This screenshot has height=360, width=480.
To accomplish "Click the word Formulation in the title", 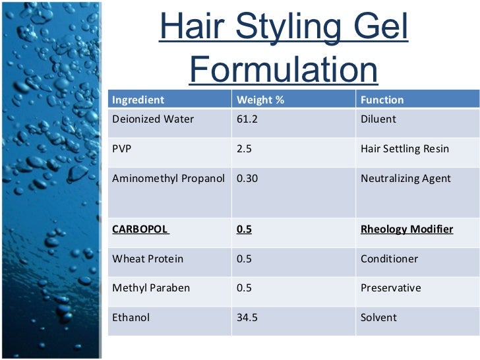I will (x=284, y=71).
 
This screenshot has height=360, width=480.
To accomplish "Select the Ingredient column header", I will (x=138, y=100).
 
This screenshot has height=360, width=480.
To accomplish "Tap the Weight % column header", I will (x=260, y=100).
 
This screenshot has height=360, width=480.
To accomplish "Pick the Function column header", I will (x=382, y=100).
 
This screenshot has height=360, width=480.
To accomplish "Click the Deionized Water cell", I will (x=153, y=119).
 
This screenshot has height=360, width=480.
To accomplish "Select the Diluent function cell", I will (x=379, y=119).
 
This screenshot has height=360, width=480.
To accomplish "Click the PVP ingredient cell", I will (x=122, y=148).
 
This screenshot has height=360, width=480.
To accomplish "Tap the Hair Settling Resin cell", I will (x=405, y=148).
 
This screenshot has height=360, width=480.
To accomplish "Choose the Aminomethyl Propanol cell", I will (x=169, y=178).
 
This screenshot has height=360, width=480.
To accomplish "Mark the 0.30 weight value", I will (x=247, y=178).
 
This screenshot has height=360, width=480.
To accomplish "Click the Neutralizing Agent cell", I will (x=405, y=178).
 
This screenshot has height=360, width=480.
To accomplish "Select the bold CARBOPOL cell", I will (x=140, y=229).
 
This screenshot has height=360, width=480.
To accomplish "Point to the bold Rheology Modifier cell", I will (x=407, y=229).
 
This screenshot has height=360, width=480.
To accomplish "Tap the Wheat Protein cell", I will (x=148, y=258).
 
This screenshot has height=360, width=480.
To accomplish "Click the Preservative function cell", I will (x=390, y=288).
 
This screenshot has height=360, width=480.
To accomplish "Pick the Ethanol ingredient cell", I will (x=131, y=317).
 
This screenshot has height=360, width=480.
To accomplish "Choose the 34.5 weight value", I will (x=247, y=317).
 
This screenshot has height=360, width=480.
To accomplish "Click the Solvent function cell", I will (x=378, y=317).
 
